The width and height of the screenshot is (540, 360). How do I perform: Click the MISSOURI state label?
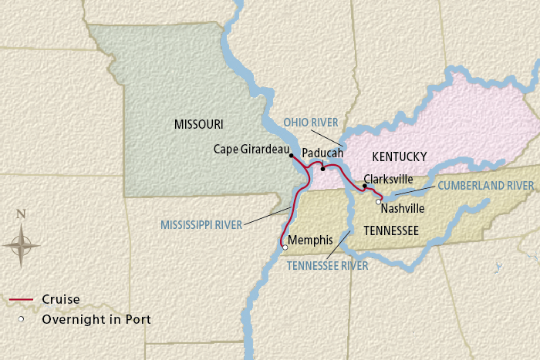point(198,124)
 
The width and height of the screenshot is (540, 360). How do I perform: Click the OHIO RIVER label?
point(310,123)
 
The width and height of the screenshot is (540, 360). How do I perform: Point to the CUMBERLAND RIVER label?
point(486,186)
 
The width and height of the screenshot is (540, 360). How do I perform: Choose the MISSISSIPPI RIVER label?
point(201,225)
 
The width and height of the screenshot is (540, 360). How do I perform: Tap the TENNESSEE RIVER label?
point(327,266)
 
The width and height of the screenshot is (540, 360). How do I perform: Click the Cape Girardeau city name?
point(251,149)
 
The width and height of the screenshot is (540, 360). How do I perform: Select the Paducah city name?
point(322,153)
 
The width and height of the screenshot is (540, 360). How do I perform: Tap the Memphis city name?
point(311,239)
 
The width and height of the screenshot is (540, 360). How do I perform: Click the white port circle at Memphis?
point(285,247)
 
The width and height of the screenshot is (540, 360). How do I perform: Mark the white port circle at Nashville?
point(378,202)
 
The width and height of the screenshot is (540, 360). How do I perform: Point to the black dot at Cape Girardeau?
point(291,155)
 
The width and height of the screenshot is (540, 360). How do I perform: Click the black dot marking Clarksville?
point(364,186)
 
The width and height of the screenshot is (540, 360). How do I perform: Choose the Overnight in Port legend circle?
point(22,318)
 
